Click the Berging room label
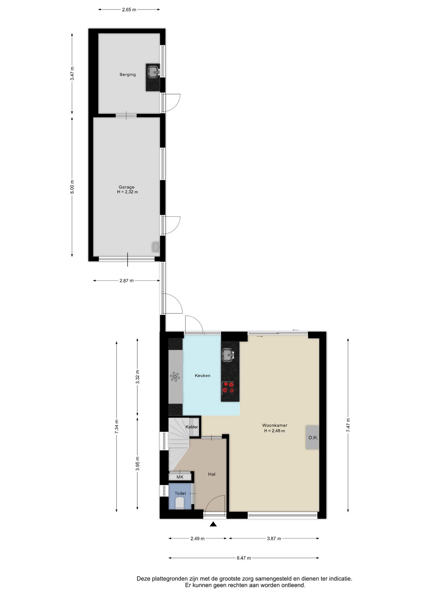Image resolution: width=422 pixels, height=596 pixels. (x=128, y=74)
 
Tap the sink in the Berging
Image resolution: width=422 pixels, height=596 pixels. (x=153, y=72)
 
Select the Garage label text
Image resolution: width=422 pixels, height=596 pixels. (x=126, y=187)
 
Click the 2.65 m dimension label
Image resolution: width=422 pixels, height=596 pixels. (x=129, y=10)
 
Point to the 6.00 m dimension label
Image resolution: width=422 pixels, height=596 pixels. (x=72, y=187)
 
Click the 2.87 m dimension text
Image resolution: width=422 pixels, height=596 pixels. (x=126, y=281)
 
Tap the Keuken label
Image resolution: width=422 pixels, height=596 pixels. (x=203, y=376)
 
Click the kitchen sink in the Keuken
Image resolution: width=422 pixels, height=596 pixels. (x=228, y=355)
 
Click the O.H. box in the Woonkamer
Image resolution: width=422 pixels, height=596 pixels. (x=313, y=437)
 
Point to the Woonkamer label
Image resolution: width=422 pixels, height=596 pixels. (x=275, y=426)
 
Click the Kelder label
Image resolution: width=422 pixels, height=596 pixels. (x=192, y=427)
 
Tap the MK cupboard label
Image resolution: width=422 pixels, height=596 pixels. (x=180, y=477)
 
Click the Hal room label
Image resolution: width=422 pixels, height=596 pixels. (x=212, y=474)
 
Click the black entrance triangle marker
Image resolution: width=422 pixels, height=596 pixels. (x=213, y=524)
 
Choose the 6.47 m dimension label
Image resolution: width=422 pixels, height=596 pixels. (x=244, y=558)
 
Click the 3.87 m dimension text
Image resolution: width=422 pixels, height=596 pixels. (x=274, y=539)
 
